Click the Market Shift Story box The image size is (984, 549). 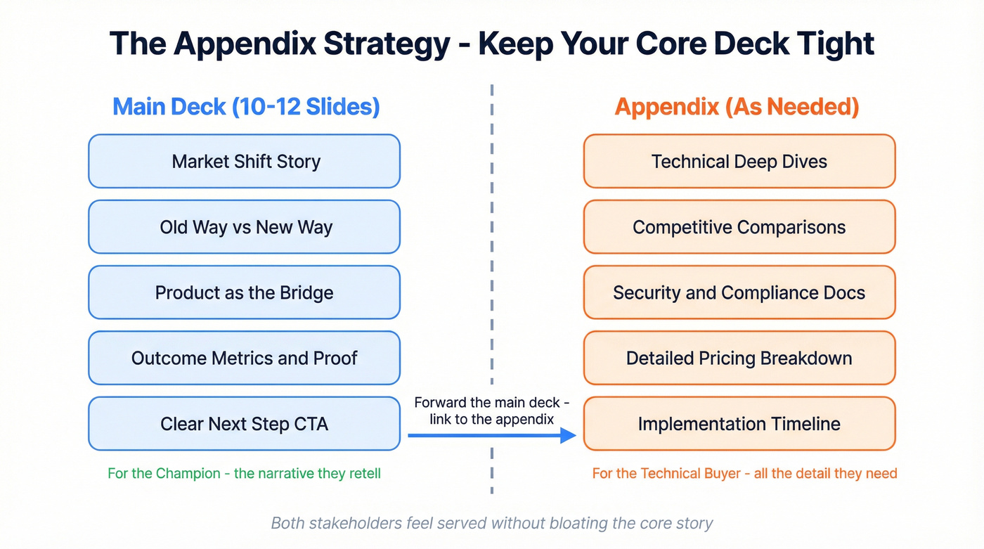tap(244, 162)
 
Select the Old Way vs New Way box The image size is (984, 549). tap(244, 227)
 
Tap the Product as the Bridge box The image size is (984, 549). tap(244, 292)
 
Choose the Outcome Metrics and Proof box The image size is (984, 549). tap(244, 358)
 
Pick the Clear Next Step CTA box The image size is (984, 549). tap(244, 424)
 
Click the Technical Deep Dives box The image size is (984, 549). tap(739, 162)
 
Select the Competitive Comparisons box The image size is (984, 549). tap(739, 227)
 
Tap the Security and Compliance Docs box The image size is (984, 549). tap(739, 292)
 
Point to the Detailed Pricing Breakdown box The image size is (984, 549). tap(739, 358)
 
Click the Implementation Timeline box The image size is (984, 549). tap(739, 424)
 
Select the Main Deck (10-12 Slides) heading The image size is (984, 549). tap(246, 107)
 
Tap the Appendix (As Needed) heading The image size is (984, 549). tap(737, 107)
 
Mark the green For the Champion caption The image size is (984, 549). tap(244, 473)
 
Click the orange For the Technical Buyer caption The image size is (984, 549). tap(744, 473)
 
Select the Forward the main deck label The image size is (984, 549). tap(491, 411)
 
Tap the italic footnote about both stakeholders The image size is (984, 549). tap(492, 523)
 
